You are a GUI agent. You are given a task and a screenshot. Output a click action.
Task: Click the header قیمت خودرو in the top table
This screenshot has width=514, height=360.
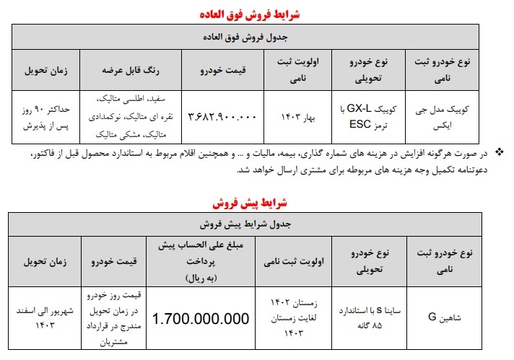(x=222, y=70)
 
